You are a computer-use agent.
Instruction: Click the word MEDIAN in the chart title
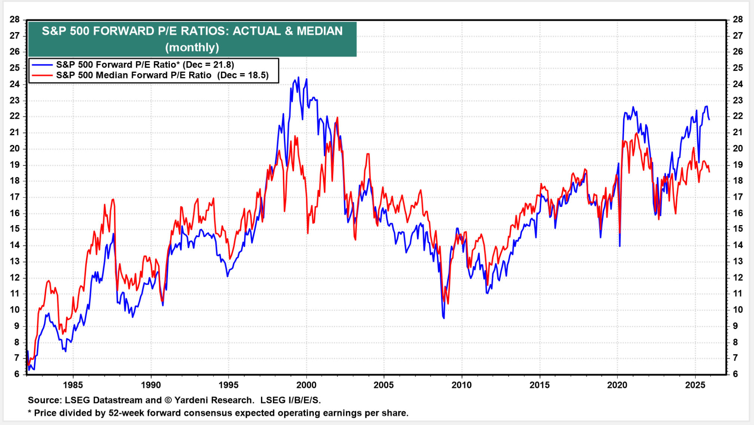click(x=319, y=31)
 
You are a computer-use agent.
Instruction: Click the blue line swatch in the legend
click(x=42, y=65)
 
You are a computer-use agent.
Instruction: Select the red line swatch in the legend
click(x=42, y=75)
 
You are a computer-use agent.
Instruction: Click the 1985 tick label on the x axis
click(x=73, y=385)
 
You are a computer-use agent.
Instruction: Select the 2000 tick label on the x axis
click(x=306, y=385)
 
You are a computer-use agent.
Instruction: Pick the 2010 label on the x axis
click(x=462, y=385)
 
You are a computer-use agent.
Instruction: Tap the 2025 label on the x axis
click(x=695, y=385)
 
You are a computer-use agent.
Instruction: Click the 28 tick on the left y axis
click(x=15, y=19)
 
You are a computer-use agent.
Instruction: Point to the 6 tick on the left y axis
click(x=17, y=374)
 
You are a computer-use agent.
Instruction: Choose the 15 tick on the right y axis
click(x=738, y=229)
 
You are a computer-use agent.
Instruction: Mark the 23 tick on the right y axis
click(x=738, y=100)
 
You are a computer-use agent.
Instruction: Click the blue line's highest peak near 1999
click(x=298, y=77)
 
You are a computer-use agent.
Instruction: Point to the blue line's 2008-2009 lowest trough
click(x=444, y=318)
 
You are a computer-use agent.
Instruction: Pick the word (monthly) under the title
click(x=192, y=47)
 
